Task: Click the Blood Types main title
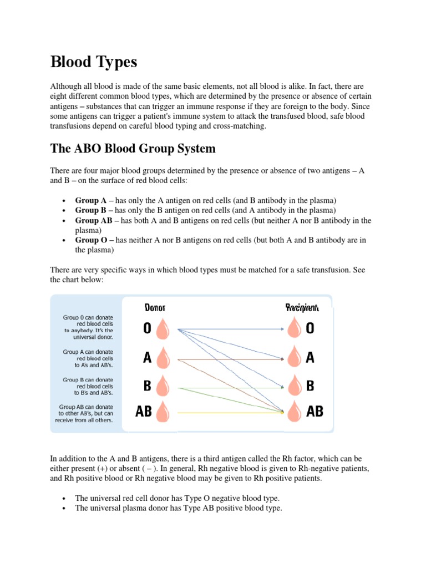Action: [93, 62]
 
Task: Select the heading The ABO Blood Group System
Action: [133, 149]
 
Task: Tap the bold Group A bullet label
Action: [91, 200]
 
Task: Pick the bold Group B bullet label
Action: [91, 210]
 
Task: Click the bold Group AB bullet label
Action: [94, 220]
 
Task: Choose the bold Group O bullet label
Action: [91, 240]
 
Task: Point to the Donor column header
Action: [155, 307]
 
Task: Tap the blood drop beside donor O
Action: [163, 329]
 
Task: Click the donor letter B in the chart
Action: [147, 386]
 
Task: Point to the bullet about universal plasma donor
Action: [179, 508]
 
